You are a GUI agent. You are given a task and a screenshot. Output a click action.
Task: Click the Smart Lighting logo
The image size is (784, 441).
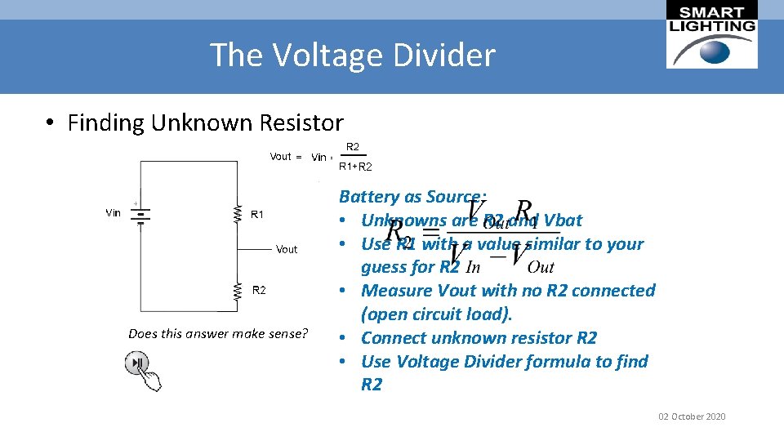[x=712, y=35]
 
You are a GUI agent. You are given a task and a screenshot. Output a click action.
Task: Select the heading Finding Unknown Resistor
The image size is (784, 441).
[x=205, y=123]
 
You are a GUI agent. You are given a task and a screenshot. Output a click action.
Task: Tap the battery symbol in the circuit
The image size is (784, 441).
[x=141, y=215]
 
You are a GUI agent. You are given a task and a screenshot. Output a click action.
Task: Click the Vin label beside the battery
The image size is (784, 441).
[x=114, y=213]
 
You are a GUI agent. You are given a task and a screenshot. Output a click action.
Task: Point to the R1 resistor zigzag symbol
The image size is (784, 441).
[x=238, y=214]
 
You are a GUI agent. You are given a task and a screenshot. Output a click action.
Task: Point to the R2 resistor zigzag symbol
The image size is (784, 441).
[x=238, y=290]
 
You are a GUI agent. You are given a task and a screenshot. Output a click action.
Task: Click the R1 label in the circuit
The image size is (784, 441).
[x=257, y=215]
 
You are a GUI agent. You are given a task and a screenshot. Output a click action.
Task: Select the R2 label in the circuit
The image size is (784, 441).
[x=259, y=290]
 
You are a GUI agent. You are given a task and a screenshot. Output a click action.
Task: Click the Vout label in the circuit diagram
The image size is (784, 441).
[x=287, y=249]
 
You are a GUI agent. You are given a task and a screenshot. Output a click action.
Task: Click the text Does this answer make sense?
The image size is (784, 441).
[x=218, y=333]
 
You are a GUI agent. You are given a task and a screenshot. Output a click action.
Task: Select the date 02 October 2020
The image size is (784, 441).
[x=692, y=416]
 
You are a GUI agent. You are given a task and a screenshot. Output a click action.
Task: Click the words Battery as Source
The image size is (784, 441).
[x=412, y=197]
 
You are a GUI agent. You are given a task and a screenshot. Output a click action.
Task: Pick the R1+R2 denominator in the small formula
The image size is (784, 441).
[x=355, y=167]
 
